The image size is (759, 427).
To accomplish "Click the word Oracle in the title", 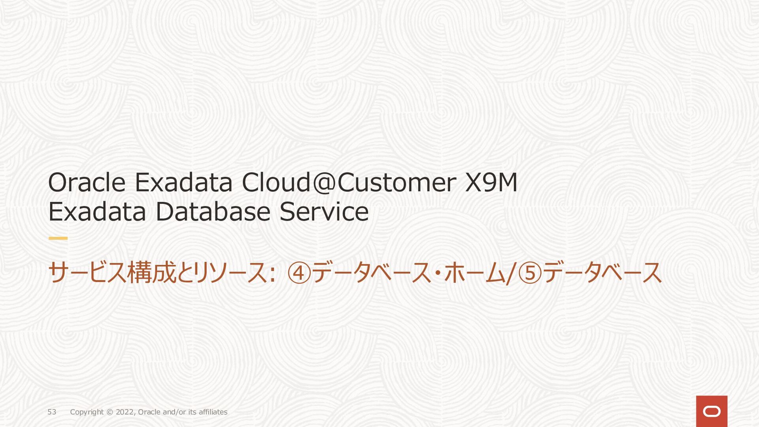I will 87,183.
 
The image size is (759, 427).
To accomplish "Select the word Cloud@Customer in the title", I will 349,183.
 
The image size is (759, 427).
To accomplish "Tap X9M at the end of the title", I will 491,183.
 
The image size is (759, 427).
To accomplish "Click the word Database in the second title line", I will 213,212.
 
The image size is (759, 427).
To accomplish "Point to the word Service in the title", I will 324,212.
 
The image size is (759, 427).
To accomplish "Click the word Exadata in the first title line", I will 183,183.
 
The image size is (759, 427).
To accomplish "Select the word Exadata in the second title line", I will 97,212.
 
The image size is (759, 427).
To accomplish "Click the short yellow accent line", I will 58,238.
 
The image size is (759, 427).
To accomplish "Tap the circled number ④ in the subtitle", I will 299,273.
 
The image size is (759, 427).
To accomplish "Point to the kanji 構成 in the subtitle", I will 151,273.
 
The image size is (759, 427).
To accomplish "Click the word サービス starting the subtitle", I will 87,273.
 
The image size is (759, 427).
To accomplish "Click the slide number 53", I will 52,412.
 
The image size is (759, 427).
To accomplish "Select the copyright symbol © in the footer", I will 110,412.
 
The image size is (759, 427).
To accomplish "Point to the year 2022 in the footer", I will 125,412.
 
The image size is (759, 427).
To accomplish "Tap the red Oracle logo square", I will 712,411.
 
